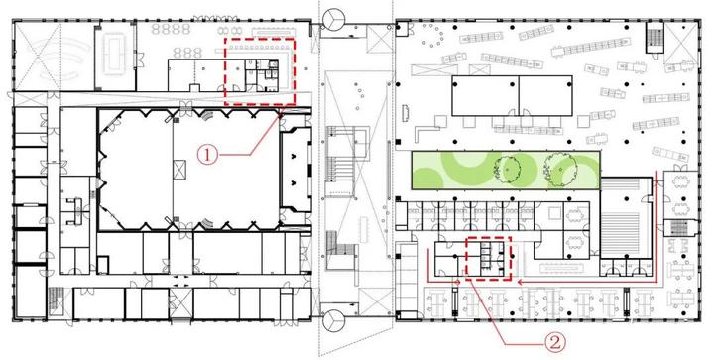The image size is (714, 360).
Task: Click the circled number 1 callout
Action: (x=207, y=155)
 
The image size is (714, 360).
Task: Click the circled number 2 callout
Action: (x=554, y=342)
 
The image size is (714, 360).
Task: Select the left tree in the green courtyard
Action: (x=508, y=171)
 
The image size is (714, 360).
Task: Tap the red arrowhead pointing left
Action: (x=521, y=283)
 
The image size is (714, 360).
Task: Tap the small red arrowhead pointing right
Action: (x=457, y=283)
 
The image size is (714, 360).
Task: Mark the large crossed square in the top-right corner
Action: (x=680, y=43)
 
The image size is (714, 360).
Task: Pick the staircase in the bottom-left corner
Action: (x=55, y=301)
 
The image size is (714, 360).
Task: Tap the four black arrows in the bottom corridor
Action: (x=180, y=281)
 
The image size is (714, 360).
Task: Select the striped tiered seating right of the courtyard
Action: (x=620, y=217)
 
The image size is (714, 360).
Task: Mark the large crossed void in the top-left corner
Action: (x=38, y=57)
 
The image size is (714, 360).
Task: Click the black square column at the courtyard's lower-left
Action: (x=399, y=199)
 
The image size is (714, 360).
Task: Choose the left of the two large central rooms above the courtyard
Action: (x=485, y=95)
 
